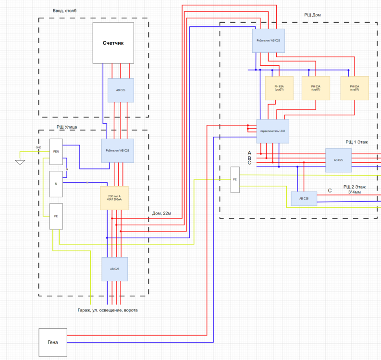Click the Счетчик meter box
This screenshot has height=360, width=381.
[x=113, y=43]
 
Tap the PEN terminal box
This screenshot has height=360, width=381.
[x=56, y=152]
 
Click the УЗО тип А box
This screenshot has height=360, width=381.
[x=114, y=198]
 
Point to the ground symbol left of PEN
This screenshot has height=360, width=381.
[x=20, y=161]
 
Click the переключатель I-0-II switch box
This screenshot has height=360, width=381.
[x=272, y=131]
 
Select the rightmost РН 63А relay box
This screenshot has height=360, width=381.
[x=355, y=88]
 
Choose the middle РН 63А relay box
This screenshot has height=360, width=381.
[x=316, y=88]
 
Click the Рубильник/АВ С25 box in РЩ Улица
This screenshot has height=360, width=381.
[x=117, y=151]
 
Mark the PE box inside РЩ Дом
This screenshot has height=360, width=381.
[x=235, y=180]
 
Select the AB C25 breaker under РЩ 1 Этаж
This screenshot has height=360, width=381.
[x=338, y=160]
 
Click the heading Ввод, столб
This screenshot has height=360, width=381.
[x=64, y=11]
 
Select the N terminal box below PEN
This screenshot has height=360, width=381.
[x=56, y=184]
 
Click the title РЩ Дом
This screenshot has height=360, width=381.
[x=312, y=15]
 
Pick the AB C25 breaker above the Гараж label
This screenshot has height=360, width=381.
[x=114, y=269]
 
